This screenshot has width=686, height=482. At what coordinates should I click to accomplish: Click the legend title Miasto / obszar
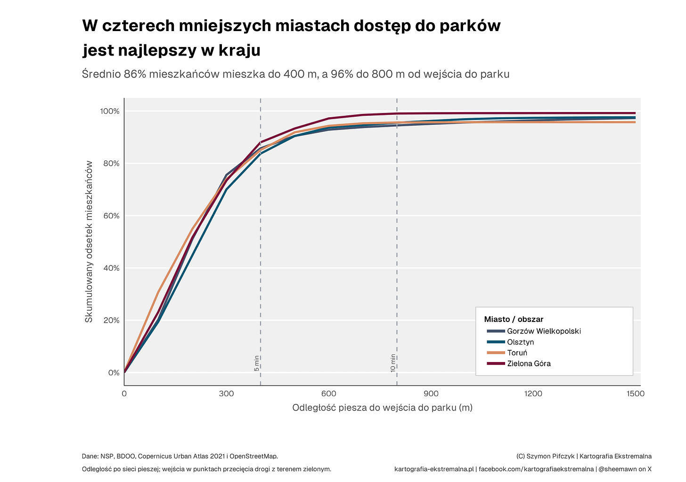click(514, 320)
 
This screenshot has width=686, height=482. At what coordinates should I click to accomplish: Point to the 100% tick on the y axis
click(110, 111)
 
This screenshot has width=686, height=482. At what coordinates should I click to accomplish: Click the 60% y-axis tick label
click(111, 216)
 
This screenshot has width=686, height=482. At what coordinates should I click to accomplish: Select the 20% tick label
click(111, 321)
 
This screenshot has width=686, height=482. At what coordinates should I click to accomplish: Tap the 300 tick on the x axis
click(226, 394)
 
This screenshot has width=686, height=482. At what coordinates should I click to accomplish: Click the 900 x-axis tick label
click(431, 394)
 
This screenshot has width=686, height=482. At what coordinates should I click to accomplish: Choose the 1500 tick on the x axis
click(636, 394)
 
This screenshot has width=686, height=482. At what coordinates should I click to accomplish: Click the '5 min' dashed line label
click(257, 363)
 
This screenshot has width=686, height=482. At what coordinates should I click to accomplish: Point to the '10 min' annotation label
click(393, 363)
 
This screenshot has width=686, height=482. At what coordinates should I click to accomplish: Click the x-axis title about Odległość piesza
click(382, 408)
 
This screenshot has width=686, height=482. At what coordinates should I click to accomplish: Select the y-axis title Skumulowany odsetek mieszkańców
click(89, 242)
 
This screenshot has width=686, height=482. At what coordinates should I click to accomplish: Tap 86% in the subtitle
click(135, 74)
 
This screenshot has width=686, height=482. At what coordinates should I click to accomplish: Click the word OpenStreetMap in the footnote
click(253, 456)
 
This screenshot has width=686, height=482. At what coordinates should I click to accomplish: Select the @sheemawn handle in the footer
click(619, 469)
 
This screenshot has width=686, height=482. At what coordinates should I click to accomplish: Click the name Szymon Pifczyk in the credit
click(550, 456)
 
